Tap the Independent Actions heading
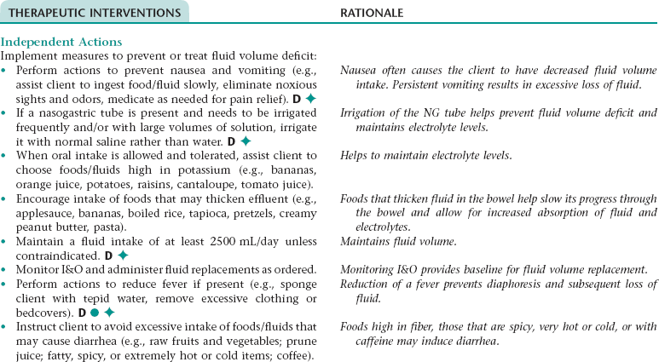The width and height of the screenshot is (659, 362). [x=61, y=42]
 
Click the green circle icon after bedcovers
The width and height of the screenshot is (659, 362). [x=93, y=313]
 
